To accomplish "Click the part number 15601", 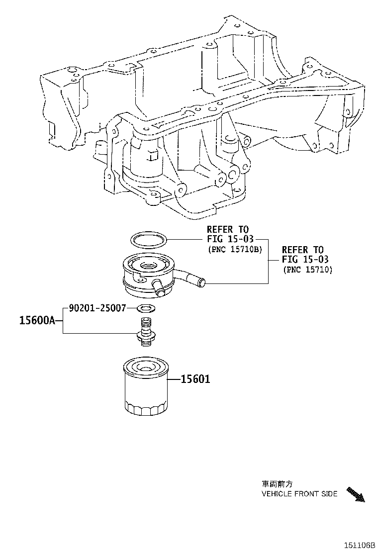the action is click(195, 379).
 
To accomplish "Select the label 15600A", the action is click(37, 321).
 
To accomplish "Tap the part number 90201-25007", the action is click(97, 308).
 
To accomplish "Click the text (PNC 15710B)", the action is click(235, 250).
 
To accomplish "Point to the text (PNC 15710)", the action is click(307, 270).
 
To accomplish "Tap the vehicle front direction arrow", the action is click(356, 494).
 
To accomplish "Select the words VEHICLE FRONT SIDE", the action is click(299, 494).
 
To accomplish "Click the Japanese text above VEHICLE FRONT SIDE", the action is click(277, 484).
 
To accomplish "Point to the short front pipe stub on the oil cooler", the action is click(158, 287).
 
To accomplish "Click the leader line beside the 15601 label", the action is click(174, 379).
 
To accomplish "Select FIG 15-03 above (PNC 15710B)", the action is click(230, 239).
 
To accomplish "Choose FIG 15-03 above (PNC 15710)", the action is click(305, 260).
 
